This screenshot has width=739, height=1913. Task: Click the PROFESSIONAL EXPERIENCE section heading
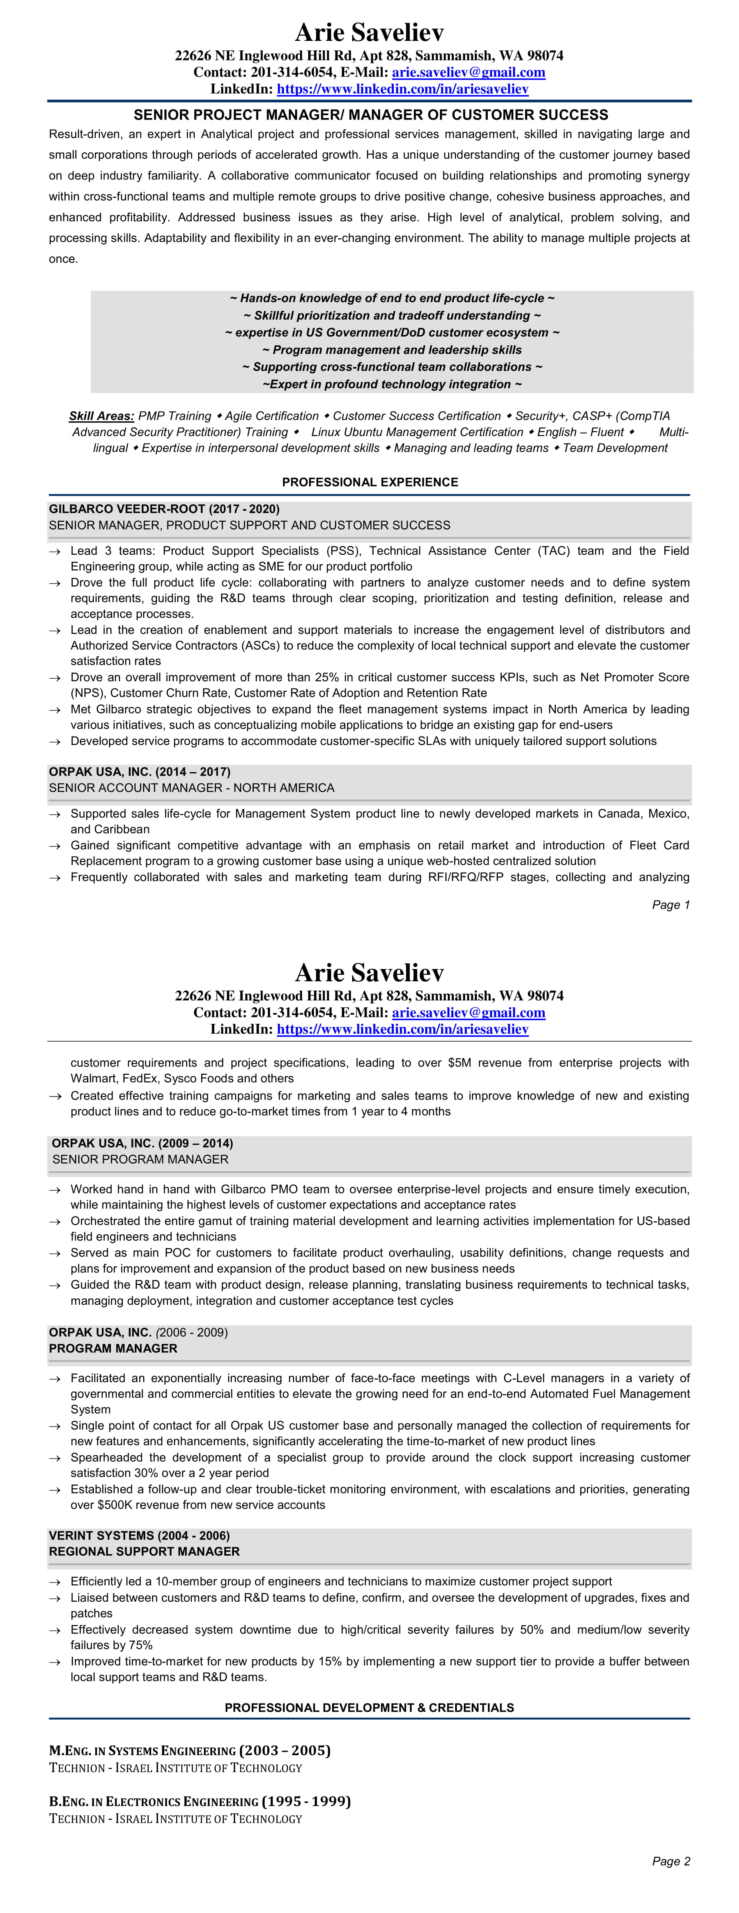coord(370,482)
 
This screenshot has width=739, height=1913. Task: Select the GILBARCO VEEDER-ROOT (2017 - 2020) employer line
coord(164,509)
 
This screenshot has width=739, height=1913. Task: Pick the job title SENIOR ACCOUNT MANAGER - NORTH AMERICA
coord(192,787)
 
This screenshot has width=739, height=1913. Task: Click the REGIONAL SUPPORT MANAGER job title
coord(144,1551)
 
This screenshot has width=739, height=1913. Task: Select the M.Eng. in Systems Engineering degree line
coord(190,1750)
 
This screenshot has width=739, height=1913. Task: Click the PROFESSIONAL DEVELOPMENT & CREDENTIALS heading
coord(369,1707)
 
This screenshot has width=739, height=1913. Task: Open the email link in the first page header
coord(469,72)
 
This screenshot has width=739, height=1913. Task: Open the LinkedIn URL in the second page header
coord(403,1029)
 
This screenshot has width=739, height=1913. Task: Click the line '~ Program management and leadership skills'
coord(391,350)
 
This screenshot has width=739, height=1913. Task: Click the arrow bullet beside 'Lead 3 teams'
coord(55,551)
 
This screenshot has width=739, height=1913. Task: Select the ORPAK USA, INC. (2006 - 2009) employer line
coord(138,1332)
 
